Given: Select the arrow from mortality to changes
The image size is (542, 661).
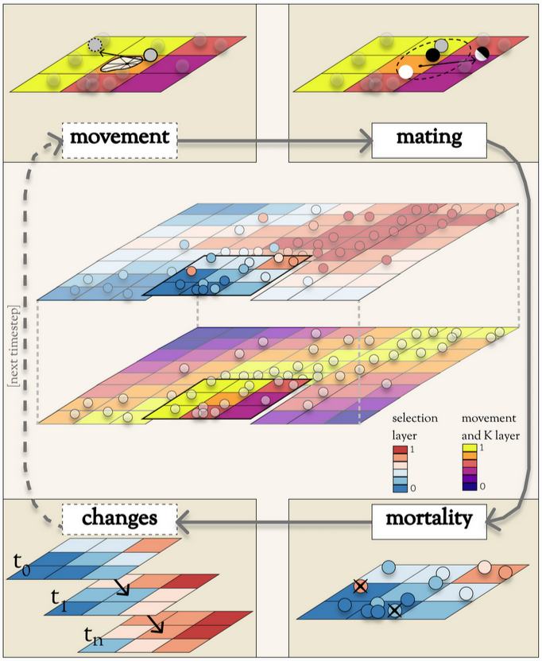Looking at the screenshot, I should click(274, 520).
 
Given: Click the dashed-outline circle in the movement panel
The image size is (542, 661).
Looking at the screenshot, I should click(96, 45).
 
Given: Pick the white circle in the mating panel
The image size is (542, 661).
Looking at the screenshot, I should click(406, 72).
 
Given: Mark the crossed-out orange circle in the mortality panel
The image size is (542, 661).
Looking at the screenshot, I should click(360, 587).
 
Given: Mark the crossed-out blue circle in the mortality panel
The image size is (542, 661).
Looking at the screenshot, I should click(394, 611).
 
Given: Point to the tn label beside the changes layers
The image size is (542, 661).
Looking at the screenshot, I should click(93, 635).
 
